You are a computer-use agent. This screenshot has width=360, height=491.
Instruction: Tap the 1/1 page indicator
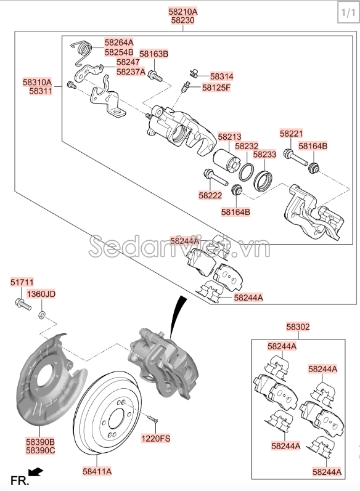coord(346,12)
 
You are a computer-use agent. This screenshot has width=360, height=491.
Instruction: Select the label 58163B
coord(153,54)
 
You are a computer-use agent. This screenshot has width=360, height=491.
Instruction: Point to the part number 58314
coord(221,76)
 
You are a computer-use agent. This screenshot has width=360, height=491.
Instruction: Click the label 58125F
coord(216,87)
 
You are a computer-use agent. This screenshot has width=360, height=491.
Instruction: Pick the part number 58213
coord(229,137)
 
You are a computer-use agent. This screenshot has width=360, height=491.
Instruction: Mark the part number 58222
coord(210,195)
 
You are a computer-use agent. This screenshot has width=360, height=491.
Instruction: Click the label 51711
coord(22,282)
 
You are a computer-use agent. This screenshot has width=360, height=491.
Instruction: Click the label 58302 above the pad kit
coord(298,327)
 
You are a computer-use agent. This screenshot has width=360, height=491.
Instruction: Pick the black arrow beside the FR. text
coord(37,473)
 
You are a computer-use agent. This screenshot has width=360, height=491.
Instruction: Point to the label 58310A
coord(38,82)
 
